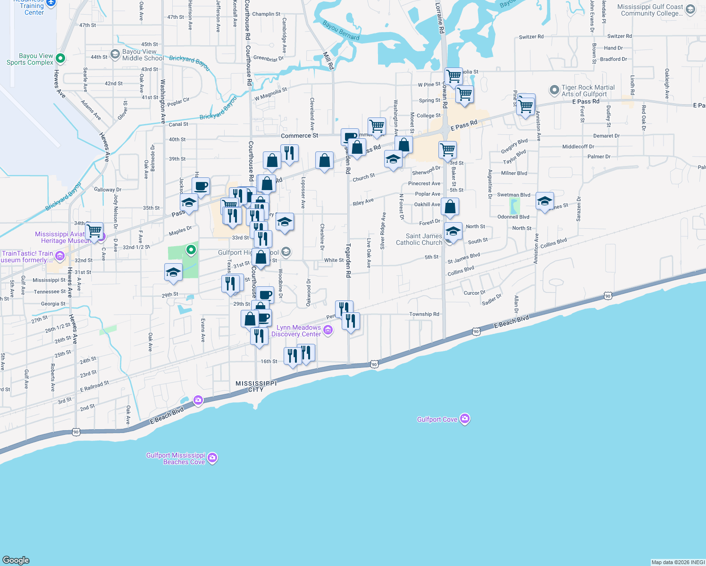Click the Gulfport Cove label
(437, 419)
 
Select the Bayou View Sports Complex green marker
(60, 58)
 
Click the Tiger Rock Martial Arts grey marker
(554, 90)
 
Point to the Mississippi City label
(256, 386)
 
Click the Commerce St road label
(300, 135)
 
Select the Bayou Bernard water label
(341, 30)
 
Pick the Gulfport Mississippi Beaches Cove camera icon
(212, 458)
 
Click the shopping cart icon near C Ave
(94, 231)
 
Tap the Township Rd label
(424, 314)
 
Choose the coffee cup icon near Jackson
(201, 186)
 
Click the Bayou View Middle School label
(143, 55)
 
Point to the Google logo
(16, 560)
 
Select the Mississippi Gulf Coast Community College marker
(690, 10)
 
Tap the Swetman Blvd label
(513, 195)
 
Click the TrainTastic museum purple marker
(59, 256)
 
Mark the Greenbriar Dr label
(269, 59)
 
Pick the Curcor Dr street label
(474, 293)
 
